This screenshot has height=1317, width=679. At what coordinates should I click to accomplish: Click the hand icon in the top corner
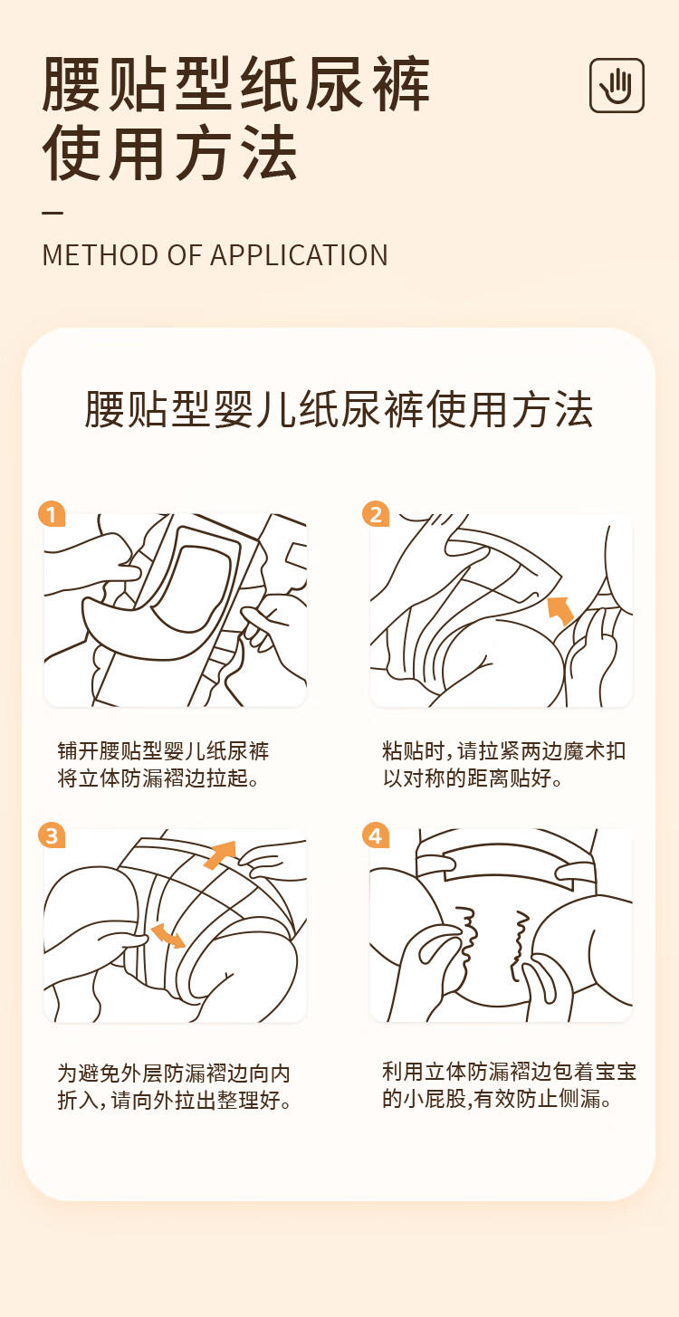click(617, 85)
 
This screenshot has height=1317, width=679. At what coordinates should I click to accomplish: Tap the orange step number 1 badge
click(52, 514)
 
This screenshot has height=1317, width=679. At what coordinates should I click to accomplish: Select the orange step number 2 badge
click(376, 514)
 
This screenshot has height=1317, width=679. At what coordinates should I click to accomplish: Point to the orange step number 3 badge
click(52, 835)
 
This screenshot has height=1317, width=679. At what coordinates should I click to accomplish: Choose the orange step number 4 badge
click(376, 835)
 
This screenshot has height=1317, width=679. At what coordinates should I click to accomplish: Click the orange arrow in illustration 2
click(560, 610)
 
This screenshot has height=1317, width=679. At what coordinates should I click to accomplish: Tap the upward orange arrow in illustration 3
click(221, 854)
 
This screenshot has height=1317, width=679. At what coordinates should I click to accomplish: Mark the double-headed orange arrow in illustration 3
click(168, 935)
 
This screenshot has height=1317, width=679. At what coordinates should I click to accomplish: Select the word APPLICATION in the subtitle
click(299, 255)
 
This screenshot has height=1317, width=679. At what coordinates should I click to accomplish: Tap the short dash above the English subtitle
click(53, 213)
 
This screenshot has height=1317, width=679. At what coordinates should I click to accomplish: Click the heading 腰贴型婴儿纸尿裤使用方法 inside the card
click(339, 410)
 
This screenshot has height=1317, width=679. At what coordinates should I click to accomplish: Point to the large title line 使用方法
click(170, 152)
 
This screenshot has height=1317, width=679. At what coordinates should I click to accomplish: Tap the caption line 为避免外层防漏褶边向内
click(174, 1073)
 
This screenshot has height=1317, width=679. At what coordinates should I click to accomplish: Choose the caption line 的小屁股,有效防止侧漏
click(497, 1098)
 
